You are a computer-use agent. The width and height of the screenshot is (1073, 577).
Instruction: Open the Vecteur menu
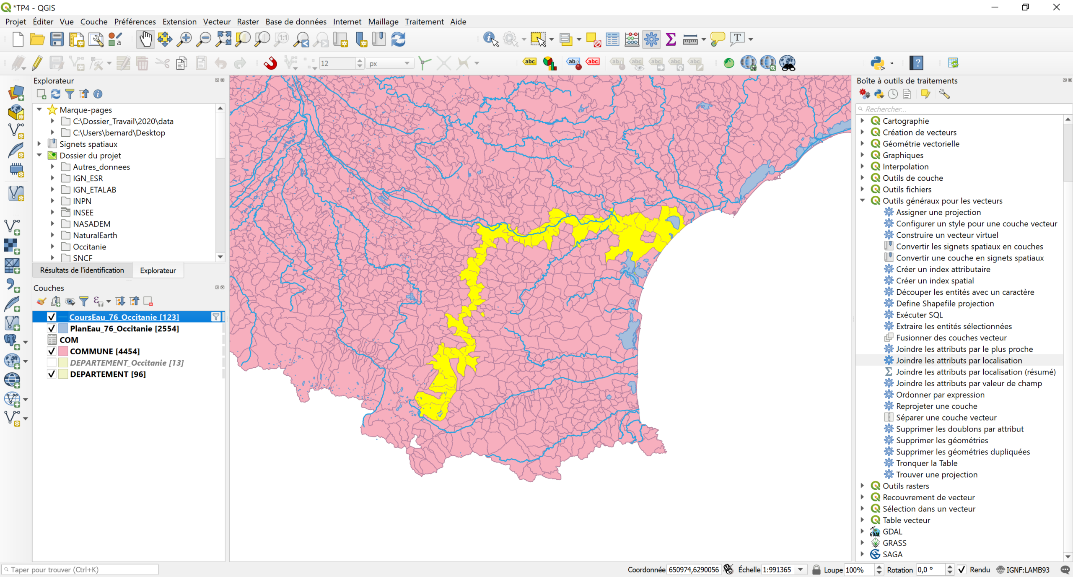[x=216, y=22]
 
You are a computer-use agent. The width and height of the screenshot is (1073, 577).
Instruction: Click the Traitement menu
[x=424, y=22]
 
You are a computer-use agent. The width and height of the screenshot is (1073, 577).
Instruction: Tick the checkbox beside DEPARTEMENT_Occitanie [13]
[x=52, y=363]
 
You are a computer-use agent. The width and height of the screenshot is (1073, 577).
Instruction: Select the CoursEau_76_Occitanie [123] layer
[x=124, y=317]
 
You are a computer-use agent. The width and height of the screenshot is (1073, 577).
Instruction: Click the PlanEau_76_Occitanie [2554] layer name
[x=124, y=328]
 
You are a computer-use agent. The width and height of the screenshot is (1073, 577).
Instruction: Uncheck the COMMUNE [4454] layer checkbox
[x=52, y=351]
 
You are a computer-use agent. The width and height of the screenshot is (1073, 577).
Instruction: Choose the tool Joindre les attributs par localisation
[x=959, y=361]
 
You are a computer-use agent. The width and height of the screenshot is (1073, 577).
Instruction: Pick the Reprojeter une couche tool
[x=936, y=406]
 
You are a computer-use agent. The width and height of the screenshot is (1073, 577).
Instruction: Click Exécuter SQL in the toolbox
[x=919, y=315]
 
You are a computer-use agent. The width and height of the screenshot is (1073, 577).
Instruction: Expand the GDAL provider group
[x=862, y=531]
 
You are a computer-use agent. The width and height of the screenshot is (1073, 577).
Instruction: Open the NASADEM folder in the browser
[x=91, y=224]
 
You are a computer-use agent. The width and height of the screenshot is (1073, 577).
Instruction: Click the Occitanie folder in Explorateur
[x=89, y=247]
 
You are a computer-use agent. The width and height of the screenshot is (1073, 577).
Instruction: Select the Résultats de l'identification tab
[x=82, y=270]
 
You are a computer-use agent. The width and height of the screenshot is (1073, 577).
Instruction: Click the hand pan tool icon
[x=145, y=39]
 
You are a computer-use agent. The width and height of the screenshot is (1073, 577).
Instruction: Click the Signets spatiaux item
[x=88, y=144]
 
